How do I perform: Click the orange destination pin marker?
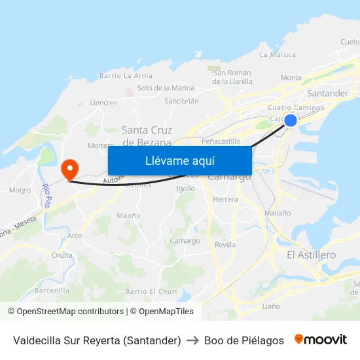coord(69,170)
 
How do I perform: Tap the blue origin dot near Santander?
coord(291,120)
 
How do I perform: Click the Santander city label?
coord(327,93)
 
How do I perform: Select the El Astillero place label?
coord(312,255)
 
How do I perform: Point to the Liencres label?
coord(103,103)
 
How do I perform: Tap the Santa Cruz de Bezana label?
coord(147,135)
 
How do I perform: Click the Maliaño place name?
coord(278,213)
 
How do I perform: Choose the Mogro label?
coord(20,190)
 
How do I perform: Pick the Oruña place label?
coord(62,255)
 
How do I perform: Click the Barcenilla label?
coord(52,290)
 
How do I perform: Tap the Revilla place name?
coord(225,244)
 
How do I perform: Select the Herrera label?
coord(226,199)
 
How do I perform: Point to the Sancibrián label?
coord(181,101)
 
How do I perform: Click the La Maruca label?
coord(278,55)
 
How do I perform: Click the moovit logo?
coord(320,340)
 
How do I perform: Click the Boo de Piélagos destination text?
coord(244,340)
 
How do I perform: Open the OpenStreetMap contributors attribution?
coord(70,312)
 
